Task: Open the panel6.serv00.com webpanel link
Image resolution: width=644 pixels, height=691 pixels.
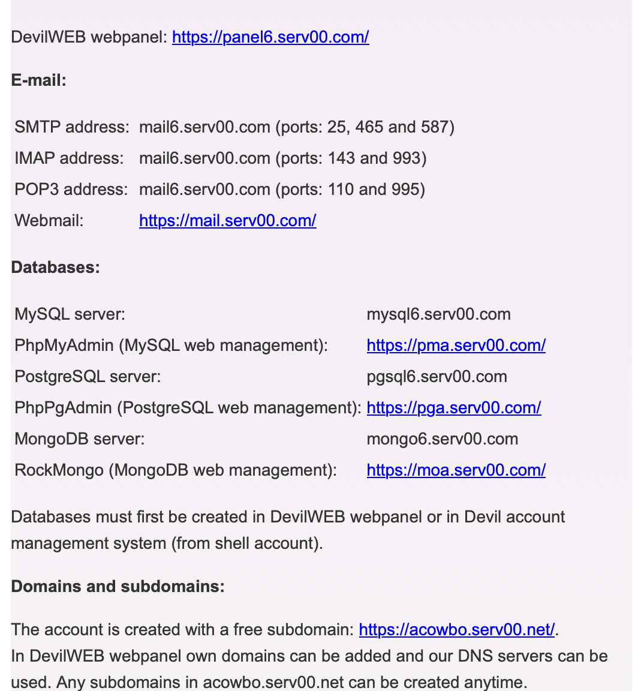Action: (x=270, y=37)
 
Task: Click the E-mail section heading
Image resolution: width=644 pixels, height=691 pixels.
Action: (x=38, y=80)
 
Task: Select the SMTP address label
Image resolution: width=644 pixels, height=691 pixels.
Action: (x=71, y=127)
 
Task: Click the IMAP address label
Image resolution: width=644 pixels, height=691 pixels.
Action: (x=69, y=158)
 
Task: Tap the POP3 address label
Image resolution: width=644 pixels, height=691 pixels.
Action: (x=71, y=190)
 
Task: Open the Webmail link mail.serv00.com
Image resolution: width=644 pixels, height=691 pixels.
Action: (x=227, y=221)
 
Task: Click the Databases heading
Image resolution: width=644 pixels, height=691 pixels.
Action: (x=55, y=268)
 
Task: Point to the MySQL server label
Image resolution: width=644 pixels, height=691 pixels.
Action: (x=70, y=314)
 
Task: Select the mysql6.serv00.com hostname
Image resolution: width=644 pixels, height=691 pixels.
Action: (x=438, y=314)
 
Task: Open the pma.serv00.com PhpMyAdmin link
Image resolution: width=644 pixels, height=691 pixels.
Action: (x=456, y=345)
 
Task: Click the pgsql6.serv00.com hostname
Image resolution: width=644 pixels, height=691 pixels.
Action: (x=437, y=377)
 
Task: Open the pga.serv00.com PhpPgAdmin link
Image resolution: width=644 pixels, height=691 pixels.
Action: (x=454, y=408)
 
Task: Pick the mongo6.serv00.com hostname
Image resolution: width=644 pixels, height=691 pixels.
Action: (x=442, y=439)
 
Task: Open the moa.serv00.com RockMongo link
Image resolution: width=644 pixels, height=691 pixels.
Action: (x=456, y=470)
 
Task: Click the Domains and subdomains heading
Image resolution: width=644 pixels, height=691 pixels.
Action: (x=118, y=587)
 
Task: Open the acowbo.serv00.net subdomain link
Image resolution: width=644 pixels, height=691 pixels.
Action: (x=457, y=630)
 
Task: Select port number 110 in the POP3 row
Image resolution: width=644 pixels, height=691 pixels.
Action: (x=341, y=190)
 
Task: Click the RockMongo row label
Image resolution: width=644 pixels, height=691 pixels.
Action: (x=175, y=470)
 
